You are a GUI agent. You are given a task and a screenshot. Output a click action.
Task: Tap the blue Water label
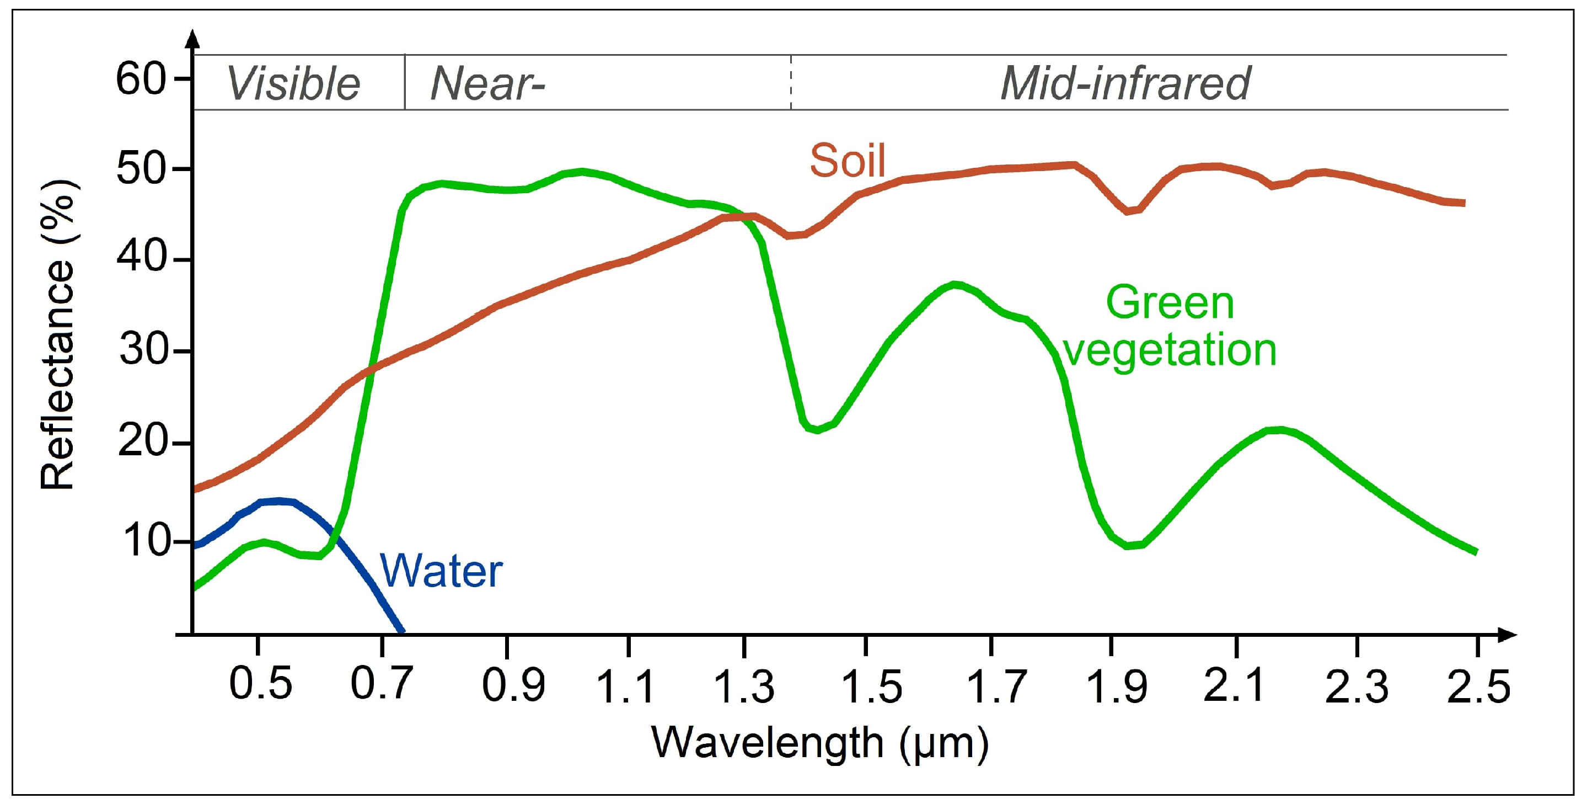[x=441, y=571]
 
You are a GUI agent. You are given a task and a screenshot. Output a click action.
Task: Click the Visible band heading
[x=293, y=84]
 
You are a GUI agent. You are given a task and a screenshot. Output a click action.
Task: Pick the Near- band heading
[x=487, y=84]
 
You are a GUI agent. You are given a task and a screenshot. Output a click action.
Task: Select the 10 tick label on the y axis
[x=146, y=541]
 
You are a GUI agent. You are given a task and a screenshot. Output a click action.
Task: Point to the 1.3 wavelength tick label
[x=744, y=686]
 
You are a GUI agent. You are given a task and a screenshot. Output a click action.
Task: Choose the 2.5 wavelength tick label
[x=1478, y=686]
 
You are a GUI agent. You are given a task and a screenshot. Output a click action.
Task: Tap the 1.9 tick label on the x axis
[x=1116, y=686]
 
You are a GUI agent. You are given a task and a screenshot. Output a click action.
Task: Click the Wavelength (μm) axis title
[x=819, y=742]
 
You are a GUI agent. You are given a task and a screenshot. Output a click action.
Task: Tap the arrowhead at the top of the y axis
[x=193, y=38]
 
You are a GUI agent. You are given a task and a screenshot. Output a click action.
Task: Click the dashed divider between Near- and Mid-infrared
[x=791, y=83]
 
